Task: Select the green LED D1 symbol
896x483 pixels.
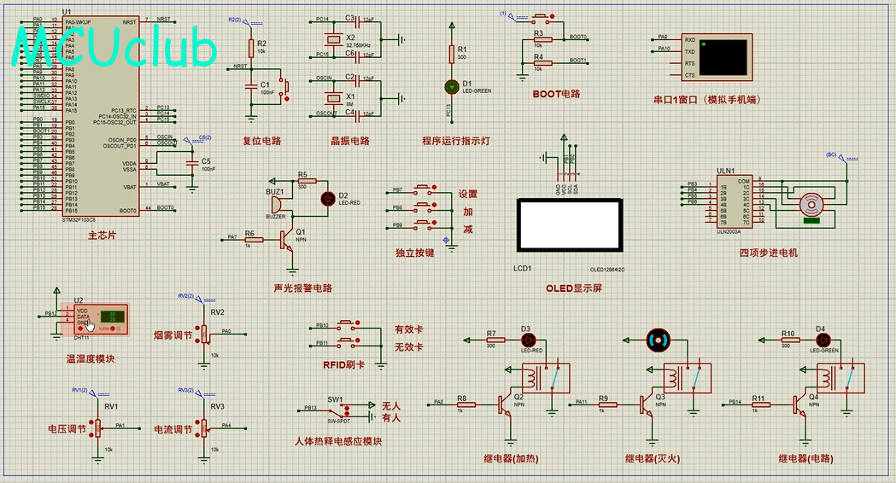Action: (x=452, y=86)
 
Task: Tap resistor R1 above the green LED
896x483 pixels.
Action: (x=452, y=55)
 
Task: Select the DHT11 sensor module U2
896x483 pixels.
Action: (x=101, y=318)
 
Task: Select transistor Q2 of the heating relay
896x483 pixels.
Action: (x=507, y=404)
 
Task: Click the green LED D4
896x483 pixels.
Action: (x=821, y=340)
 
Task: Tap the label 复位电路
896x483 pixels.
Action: (x=262, y=141)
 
